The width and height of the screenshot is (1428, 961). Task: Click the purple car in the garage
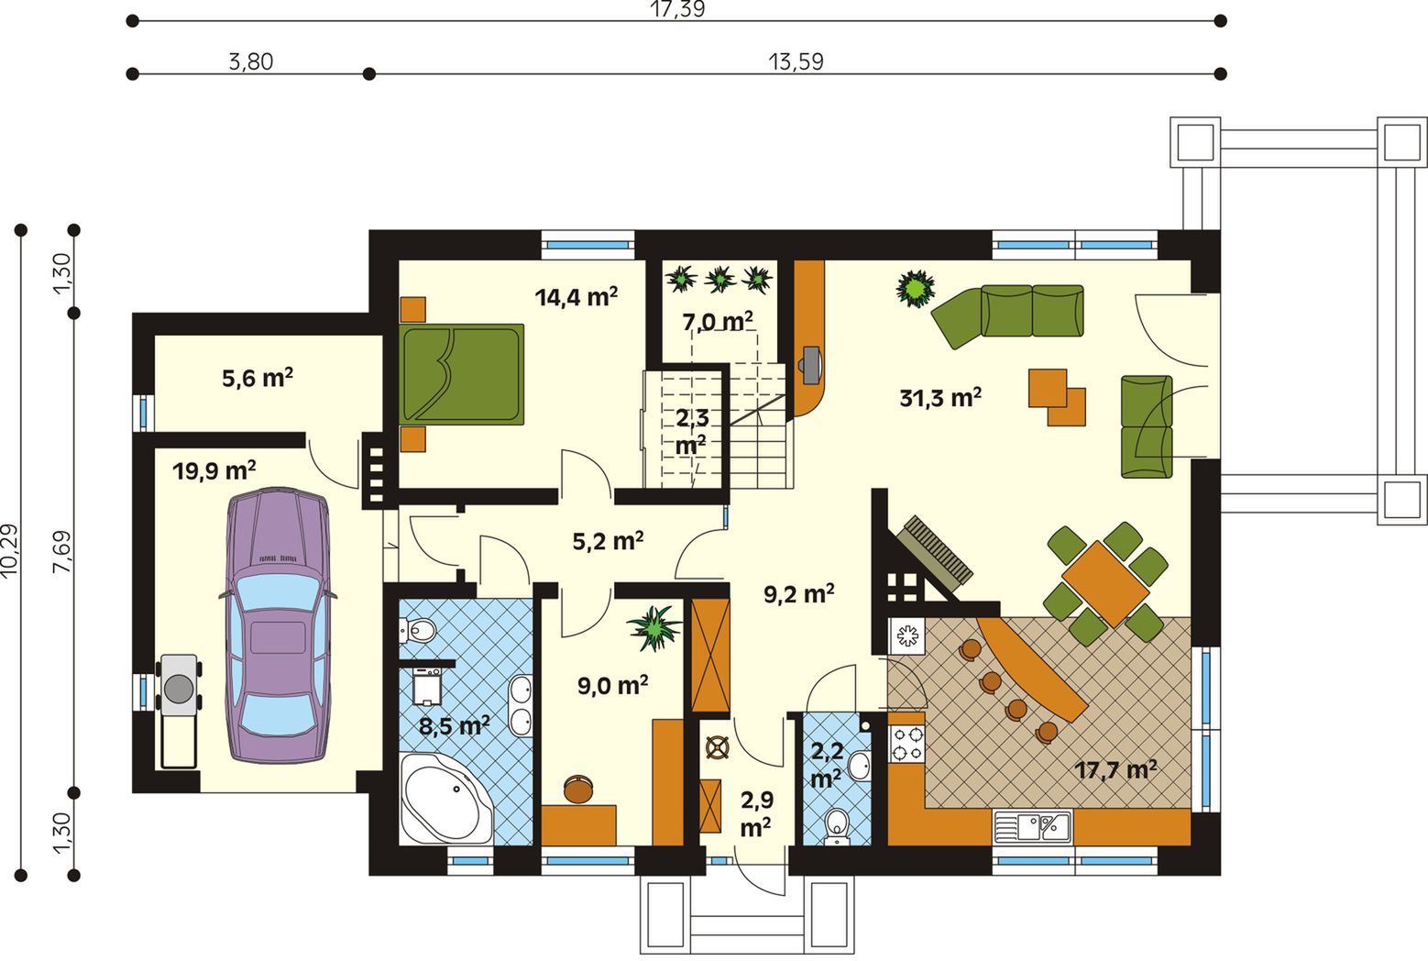tap(278, 625)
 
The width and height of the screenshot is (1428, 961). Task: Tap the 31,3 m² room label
tap(940, 398)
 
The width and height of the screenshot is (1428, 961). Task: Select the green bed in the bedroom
tap(462, 374)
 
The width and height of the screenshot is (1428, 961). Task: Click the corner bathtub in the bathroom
tap(446, 800)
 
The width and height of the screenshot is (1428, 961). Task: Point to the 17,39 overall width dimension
tap(677, 9)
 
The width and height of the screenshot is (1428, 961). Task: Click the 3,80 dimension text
tap(250, 61)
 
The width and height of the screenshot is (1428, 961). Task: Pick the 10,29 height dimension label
tap(10, 551)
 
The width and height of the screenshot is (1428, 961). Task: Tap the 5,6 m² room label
tap(258, 378)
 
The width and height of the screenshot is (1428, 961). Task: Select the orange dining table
tap(1105, 584)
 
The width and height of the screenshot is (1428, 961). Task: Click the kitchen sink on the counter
tap(1033, 827)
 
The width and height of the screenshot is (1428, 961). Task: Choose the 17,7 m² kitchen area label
tap(1115, 770)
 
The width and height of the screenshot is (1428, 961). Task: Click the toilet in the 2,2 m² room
tap(837, 825)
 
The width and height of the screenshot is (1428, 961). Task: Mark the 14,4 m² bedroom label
tap(577, 297)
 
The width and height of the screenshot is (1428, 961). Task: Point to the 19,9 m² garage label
tap(214, 471)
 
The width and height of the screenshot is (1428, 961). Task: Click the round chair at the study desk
tap(578, 789)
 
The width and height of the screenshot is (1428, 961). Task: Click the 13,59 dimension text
tap(796, 61)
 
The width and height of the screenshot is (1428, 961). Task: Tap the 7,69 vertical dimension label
tap(62, 552)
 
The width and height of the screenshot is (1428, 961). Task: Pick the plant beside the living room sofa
tap(916, 288)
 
